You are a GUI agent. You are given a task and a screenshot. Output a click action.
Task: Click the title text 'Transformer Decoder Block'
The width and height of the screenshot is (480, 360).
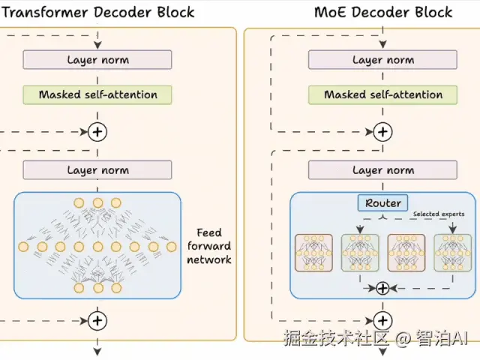pyautogui.click(x=97, y=12)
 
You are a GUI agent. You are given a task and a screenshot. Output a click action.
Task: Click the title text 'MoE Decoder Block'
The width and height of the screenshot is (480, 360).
pyautogui.click(x=383, y=12)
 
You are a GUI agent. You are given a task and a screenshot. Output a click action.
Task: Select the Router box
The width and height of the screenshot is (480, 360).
pyautogui.click(x=383, y=203)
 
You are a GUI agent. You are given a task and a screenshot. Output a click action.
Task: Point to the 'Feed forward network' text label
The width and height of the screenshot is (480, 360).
pyautogui.click(x=209, y=246)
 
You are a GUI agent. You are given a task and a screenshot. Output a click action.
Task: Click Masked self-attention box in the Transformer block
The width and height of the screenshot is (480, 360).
pyautogui.click(x=97, y=94)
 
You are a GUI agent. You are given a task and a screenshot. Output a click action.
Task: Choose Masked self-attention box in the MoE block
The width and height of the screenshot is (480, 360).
pyautogui.click(x=383, y=94)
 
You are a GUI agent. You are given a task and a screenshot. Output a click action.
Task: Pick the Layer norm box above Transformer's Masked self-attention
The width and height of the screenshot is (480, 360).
pyautogui.click(x=97, y=60)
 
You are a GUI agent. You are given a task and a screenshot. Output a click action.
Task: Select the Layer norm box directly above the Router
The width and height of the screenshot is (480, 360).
pyautogui.click(x=383, y=170)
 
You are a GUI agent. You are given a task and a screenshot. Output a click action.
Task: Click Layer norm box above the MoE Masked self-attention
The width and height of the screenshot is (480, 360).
pyautogui.click(x=383, y=60)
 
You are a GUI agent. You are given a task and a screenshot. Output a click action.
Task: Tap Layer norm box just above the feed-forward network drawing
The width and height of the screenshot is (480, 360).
pyautogui.click(x=97, y=170)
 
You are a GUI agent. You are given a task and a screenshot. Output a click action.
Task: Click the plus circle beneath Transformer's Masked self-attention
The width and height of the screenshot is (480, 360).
pyautogui.click(x=97, y=132)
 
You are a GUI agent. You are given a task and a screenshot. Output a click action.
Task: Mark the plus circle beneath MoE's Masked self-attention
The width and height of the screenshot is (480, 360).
pyautogui.click(x=383, y=132)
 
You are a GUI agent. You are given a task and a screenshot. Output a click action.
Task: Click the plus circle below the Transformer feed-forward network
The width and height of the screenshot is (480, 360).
pyautogui.click(x=97, y=320)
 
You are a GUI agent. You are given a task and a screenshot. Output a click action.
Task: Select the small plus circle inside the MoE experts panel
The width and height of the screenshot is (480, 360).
pyautogui.click(x=382, y=287)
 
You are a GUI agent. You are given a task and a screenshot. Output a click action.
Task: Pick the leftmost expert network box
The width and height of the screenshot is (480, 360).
pyautogui.click(x=314, y=253)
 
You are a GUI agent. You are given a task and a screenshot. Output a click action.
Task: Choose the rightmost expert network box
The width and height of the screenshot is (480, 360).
pyautogui.click(x=453, y=253)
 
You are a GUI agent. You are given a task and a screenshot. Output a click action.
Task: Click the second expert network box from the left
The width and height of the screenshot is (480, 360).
pyautogui.click(x=360, y=253)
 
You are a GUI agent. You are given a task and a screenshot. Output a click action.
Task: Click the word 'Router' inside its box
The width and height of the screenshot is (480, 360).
pyautogui.click(x=383, y=203)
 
